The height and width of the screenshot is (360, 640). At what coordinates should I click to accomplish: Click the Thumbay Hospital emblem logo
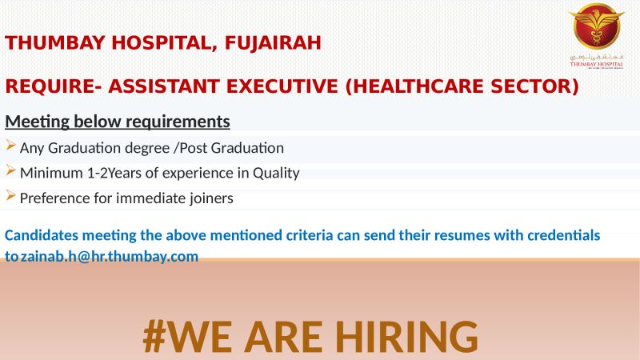(597, 36)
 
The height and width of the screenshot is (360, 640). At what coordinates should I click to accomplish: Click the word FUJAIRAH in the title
(273, 43)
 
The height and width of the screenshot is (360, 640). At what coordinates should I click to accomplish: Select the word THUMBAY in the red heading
(55, 43)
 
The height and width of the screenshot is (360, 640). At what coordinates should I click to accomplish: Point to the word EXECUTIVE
(282, 86)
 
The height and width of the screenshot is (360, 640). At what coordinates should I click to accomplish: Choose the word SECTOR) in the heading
(534, 86)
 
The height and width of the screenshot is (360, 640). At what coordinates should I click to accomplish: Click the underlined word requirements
(178, 122)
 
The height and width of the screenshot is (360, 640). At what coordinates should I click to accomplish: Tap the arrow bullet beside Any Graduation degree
(10, 145)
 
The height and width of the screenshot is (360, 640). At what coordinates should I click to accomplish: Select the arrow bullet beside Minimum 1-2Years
(10, 170)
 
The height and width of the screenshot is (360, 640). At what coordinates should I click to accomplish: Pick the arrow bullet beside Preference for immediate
(10, 195)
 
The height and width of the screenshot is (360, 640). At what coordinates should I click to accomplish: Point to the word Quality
(276, 174)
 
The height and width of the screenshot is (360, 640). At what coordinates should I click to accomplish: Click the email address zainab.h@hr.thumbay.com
(110, 256)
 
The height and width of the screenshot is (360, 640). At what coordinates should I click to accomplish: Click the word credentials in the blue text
(564, 235)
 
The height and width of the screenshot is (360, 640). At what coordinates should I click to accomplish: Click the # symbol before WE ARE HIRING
(154, 337)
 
